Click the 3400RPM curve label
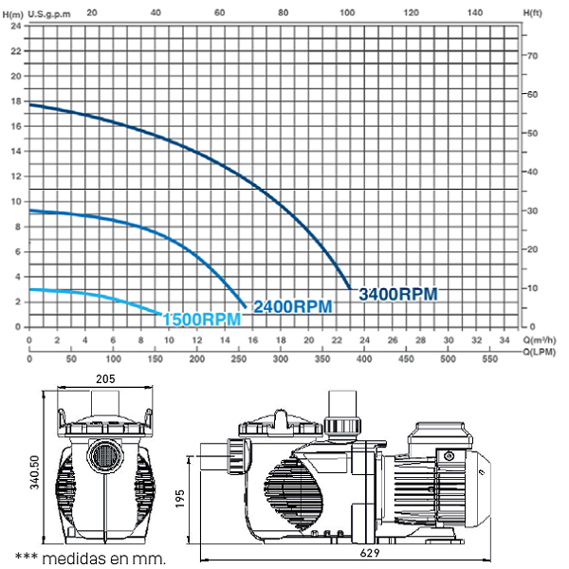click(x=397, y=294)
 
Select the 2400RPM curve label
click(x=292, y=306)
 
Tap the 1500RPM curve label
click(x=200, y=319)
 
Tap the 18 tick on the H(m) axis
click(x=15, y=101)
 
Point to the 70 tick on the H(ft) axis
click(x=534, y=56)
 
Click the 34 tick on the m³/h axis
click(x=505, y=340)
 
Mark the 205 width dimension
click(x=105, y=379)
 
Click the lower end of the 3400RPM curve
click(x=349, y=286)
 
